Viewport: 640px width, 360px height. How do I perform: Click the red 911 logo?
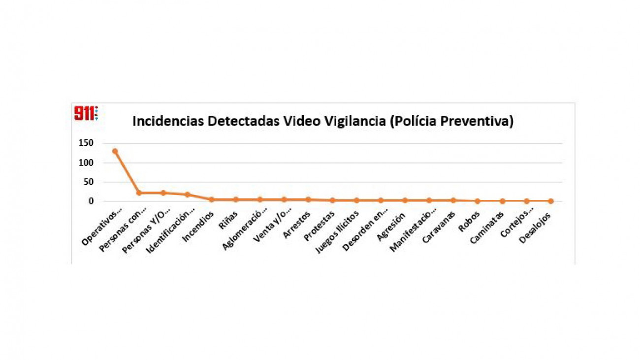(86, 113)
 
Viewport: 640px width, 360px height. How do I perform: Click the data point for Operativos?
(115, 151)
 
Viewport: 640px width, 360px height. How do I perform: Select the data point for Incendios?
(211, 199)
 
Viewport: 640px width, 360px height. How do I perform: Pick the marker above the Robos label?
(478, 201)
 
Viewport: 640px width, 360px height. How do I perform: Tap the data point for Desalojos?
(550, 201)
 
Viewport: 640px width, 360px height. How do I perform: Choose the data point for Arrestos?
(308, 199)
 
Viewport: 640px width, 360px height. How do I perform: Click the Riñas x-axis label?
(228, 221)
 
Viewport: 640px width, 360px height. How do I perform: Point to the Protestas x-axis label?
(319, 226)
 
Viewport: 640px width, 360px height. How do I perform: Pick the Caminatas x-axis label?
(486, 227)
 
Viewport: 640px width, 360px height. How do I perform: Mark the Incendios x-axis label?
(197, 226)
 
